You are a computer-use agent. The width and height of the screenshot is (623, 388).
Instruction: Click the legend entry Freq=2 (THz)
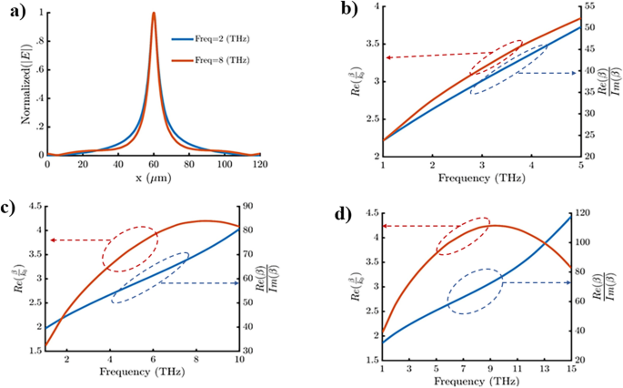coord(213,39)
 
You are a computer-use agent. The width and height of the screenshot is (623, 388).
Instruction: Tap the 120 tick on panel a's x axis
coord(261,165)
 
